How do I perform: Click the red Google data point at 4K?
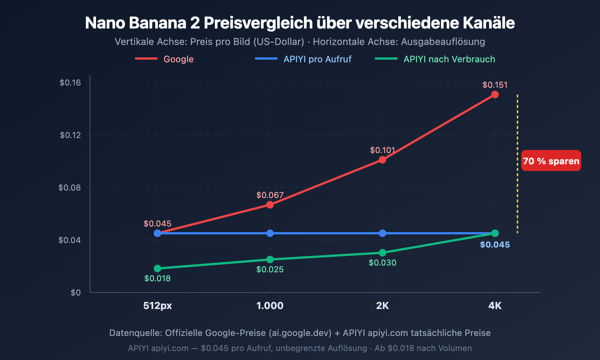495,94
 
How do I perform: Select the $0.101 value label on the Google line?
382,150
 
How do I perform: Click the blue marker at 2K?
382,233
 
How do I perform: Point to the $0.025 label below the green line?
270,269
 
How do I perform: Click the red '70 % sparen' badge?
551,161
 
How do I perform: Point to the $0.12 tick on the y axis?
70,135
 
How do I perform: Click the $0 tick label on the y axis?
75,292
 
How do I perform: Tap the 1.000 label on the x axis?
270,306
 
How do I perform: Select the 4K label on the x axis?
495,306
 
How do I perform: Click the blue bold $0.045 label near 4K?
495,245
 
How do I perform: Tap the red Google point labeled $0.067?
270,205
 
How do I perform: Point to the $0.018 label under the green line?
157,278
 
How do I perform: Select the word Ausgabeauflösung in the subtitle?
442,42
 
